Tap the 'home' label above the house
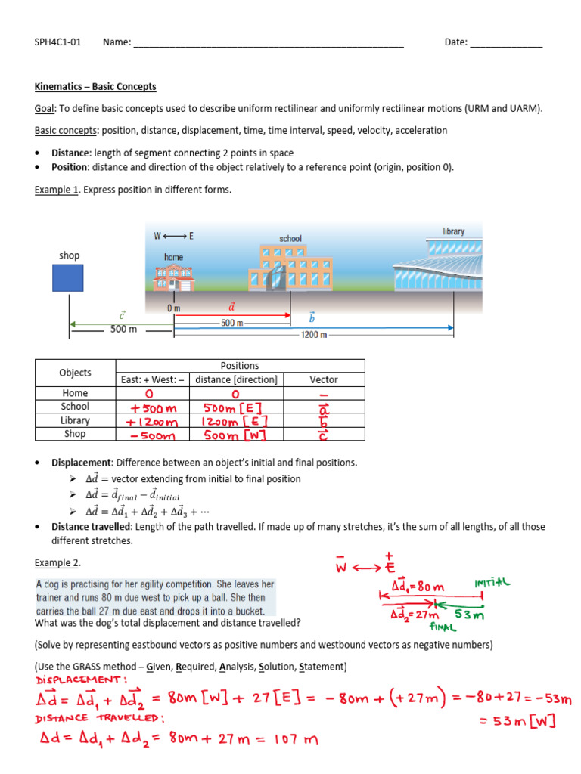coord(174,258)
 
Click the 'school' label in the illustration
coord(290,239)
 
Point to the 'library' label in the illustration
coord(454,231)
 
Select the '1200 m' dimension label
coord(314,335)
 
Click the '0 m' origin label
coord(174,308)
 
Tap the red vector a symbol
coord(231,307)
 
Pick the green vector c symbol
coord(123,314)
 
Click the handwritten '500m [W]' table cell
coord(235,435)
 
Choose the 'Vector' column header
coord(324,379)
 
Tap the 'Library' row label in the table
coord(75,420)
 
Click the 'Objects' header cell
coord(75,373)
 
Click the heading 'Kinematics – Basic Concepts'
coord(95,87)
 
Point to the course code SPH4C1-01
coord(57,42)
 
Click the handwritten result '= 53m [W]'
coord(519,722)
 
